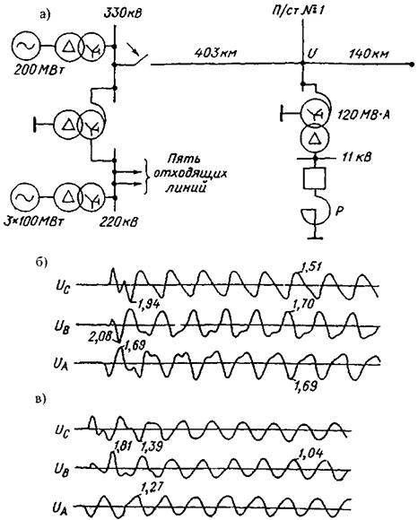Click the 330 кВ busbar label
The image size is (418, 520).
coord(122,14)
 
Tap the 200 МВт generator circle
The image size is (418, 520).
coord(25,46)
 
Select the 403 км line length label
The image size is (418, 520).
coord(215,53)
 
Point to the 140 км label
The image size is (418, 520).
coord(369,53)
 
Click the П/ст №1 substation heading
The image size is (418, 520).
coord(298,10)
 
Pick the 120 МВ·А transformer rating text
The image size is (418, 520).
coord(363,115)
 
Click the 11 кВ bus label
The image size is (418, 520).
coord(356,157)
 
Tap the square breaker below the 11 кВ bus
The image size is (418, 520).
coord(315,178)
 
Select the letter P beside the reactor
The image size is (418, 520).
coord(339,212)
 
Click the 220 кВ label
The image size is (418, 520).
coord(118,221)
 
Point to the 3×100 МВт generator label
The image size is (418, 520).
coord(33,221)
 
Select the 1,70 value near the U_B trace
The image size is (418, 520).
coord(303,304)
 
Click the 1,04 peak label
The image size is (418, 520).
coord(311,453)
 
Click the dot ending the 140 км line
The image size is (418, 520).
coord(412,65)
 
